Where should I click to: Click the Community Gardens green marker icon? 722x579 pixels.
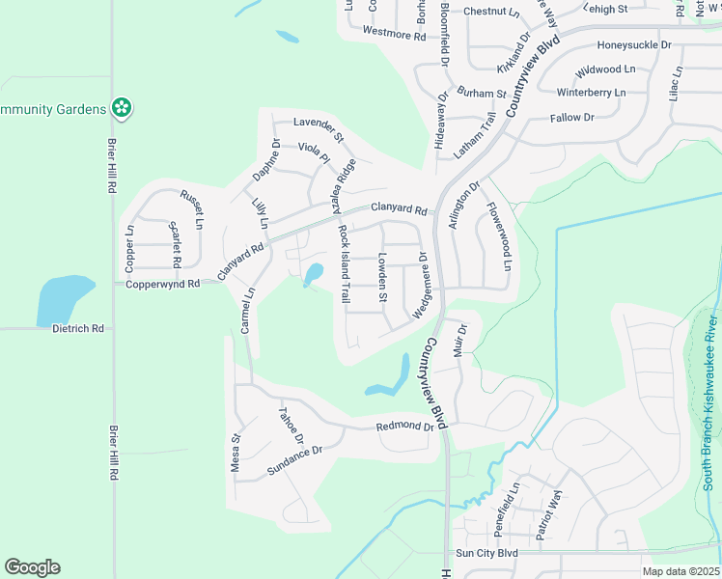122,108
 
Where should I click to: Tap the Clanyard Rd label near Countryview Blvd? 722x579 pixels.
398,208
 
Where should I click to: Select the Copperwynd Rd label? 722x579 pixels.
162,284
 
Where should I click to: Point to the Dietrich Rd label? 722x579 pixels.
77,328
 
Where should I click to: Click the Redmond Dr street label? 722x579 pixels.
406,426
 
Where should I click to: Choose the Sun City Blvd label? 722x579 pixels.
486,553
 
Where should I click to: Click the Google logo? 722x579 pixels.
32,567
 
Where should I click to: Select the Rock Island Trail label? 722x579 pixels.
344,263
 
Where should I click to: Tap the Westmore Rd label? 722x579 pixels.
394,34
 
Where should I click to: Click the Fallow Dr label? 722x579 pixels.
571,118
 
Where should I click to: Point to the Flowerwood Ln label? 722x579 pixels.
499,235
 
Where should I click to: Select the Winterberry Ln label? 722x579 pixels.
592,93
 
